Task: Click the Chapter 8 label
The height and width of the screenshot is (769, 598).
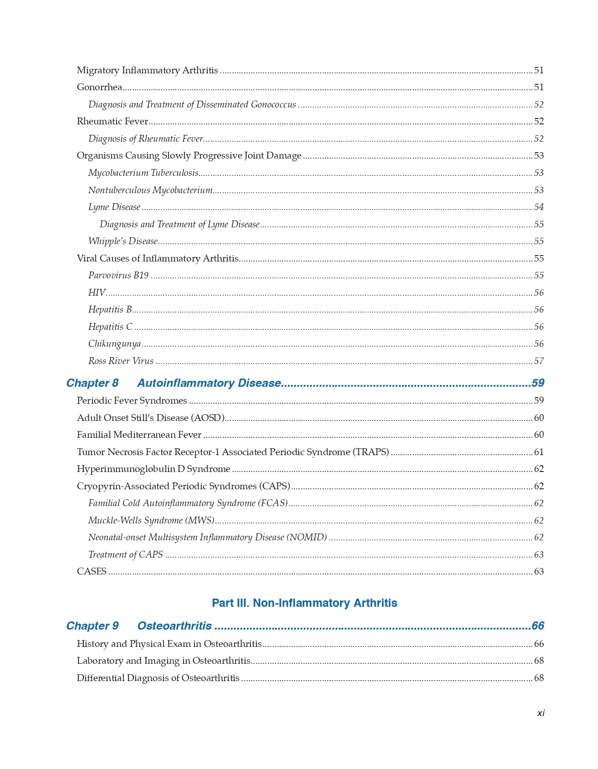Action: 92,383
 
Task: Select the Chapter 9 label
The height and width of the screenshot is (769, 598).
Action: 92,626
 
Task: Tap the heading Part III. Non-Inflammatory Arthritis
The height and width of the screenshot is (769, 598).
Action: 304,603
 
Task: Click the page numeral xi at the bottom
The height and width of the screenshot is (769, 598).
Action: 541,713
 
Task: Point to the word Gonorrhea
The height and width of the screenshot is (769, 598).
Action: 99,87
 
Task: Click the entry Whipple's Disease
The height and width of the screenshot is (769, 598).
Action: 123,241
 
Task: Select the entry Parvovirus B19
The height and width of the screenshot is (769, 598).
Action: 118,275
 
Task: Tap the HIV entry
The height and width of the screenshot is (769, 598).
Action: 97,292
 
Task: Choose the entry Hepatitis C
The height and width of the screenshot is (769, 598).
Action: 110,327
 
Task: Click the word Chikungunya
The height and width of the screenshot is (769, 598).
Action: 114,343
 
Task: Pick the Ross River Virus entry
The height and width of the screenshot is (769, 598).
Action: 121,361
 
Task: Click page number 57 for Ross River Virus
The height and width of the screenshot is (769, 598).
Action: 539,361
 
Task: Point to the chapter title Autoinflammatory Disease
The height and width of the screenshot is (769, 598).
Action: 209,383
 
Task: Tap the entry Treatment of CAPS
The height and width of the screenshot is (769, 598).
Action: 125,554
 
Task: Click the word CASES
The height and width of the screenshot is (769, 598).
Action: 92,571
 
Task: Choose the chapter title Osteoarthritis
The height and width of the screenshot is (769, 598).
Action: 174,626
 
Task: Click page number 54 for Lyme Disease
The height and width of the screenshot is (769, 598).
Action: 539,207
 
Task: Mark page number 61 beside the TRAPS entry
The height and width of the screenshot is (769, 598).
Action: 539,452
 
